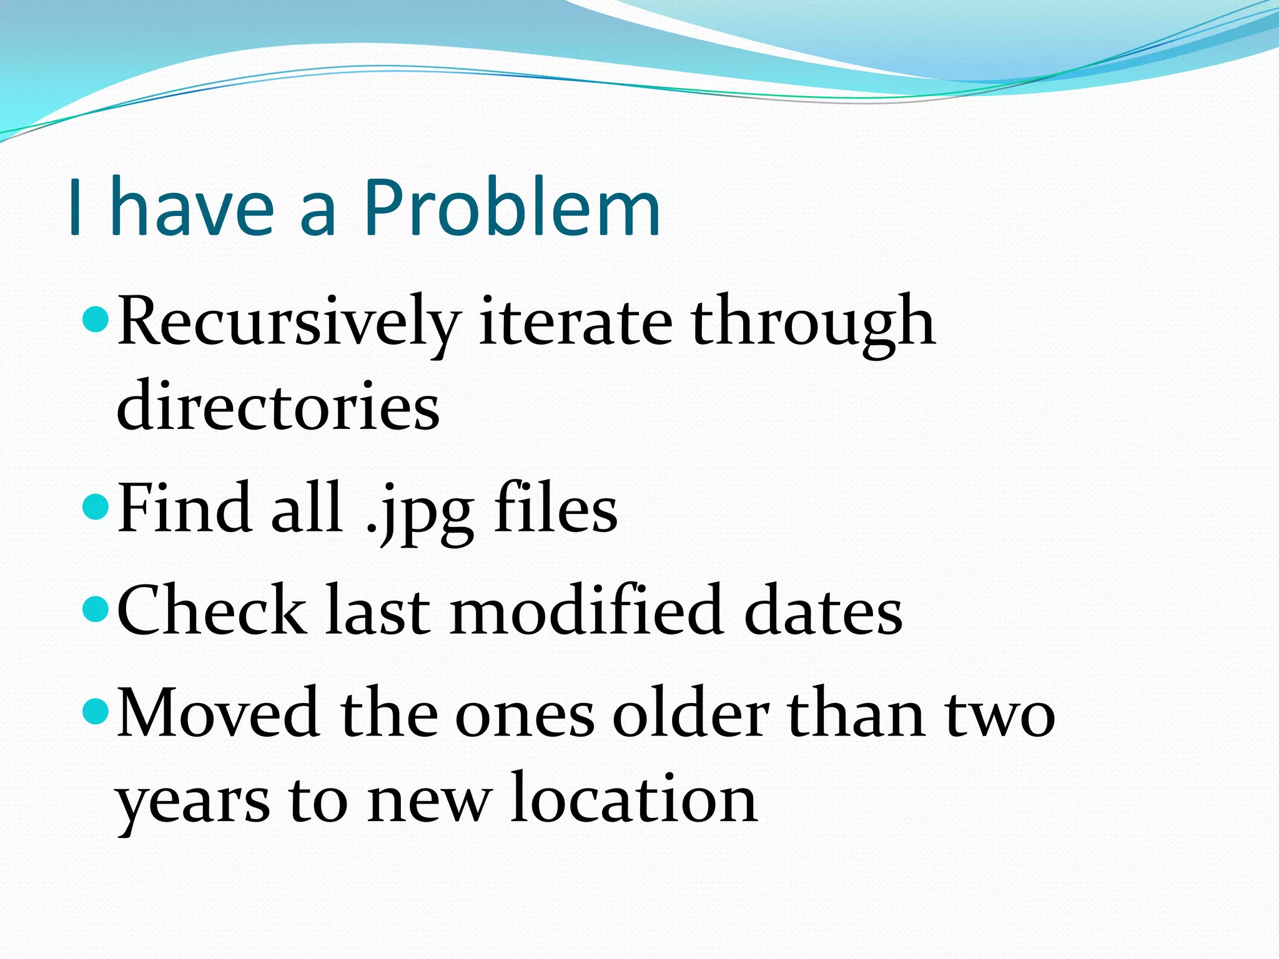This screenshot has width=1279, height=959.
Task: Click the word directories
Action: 279,407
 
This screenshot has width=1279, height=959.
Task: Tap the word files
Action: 556,509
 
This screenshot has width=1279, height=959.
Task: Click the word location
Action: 633,799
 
